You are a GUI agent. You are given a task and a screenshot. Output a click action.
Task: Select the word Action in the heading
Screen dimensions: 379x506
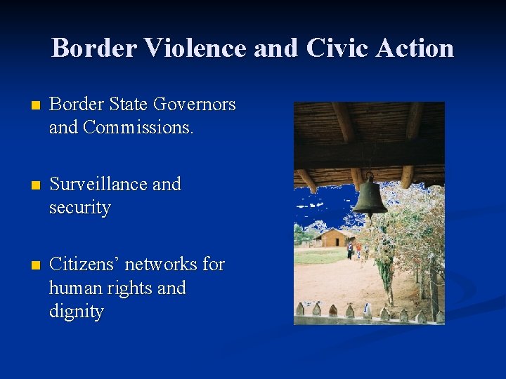[x=415, y=48]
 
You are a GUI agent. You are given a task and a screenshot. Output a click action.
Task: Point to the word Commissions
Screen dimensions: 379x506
[x=138, y=128]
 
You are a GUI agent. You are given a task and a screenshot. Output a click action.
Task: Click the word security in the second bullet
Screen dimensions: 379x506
[x=79, y=208]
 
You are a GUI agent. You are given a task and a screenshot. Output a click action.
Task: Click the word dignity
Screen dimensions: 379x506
[x=76, y=312]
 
